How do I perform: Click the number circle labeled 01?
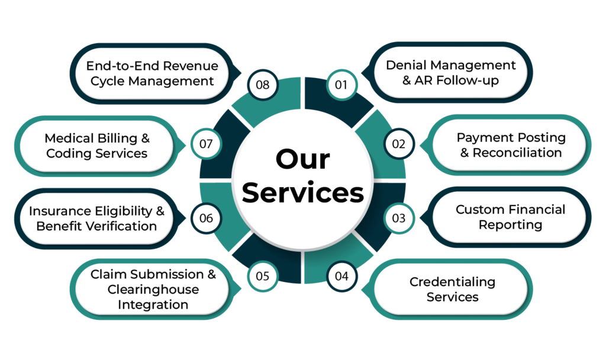pyautogui.click(x=341, y=85)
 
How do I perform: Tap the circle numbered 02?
pyautogui.click(x=399, y=143)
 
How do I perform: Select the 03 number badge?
pyautogui.click(x=399, y=218)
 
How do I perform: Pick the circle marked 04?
pyautogui.click(x=341, y=276)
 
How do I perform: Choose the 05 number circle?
pyautogui.click(x=263, y=276)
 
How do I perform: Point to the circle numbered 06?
pyautogui.click(x=205, y=218)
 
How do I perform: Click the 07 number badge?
pyautogui.click(x=205, y=143)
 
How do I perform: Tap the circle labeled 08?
pyautogui.click(x=263, y=85)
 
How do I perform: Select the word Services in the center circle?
pyautogui.click(x=302, y=194)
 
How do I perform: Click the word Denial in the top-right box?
pyautogui.click(x=406, y=65)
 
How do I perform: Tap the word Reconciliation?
pyautogui.click(x=517, y=152)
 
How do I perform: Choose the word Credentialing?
pyautogui.click(x=452, y=282)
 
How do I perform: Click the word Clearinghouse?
pyautogui.click(x=153, y=290)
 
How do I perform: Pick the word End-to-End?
pyautogui.click(x=121, y=66)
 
